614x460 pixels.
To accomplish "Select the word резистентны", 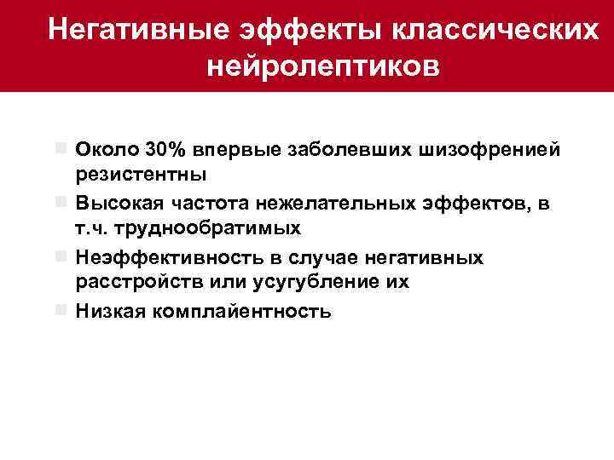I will coord(141,175).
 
